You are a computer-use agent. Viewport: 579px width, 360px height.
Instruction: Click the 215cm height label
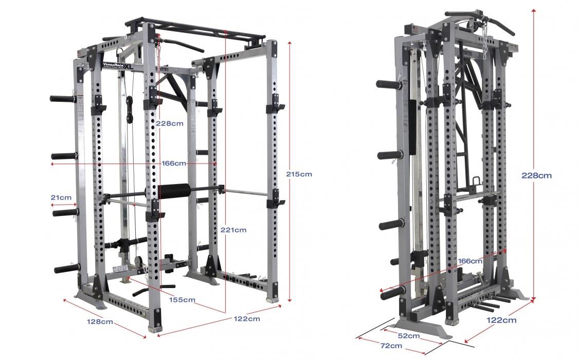click(299, 174)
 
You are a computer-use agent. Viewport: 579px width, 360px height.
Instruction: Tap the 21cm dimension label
click(61, 197)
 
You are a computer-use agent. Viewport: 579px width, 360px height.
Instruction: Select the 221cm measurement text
click(233, 230)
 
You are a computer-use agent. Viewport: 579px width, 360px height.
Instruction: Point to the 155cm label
click(182, 300)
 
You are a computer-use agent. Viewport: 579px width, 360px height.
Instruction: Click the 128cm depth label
click(100, 321)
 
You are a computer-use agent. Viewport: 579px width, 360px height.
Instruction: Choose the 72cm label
click(391, 346)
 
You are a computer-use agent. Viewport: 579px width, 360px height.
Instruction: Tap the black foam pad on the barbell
click(173, 190)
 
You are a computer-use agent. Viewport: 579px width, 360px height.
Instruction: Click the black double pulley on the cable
click(129, 109)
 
